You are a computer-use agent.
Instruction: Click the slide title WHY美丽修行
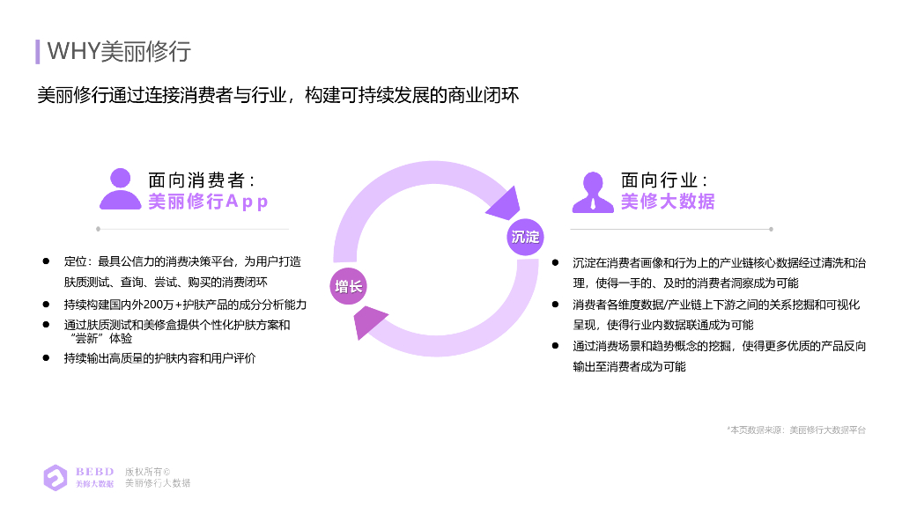pyautogui.click(x=118, y=51)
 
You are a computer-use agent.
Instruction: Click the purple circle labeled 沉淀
pyautogui.click(x=524, y=237)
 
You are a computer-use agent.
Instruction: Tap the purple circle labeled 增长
pyautogui.click(x=348, y=287)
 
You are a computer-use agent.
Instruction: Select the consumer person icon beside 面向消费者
pyautogui.click(x=120, y=189)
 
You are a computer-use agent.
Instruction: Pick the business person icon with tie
pyautogui.click(x=593, y=192)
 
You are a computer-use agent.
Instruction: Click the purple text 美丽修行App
pyautogui.click(x=208, y=202)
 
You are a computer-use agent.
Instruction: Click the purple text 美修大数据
pyautogui.click(x=667, y=202)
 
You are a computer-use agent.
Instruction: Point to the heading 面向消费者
pyautogui.click(x=202, y=180)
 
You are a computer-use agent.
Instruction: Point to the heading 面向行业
pyautogui.click(x=665, y=180)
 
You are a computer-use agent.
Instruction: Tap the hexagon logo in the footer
pyautogui.click(x=55, y=477)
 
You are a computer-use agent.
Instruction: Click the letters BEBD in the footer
pyautogui.click(x=94, y=471)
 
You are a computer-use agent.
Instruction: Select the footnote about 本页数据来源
pyautogui.click(x=796, y=430)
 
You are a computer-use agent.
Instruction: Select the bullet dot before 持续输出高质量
pyautogui.click(x=46, y=357)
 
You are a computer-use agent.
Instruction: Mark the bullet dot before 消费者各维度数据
pyautogui.click(x=555, y=304)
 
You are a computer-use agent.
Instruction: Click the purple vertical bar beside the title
pyautogui.click(x=38, y=51)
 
